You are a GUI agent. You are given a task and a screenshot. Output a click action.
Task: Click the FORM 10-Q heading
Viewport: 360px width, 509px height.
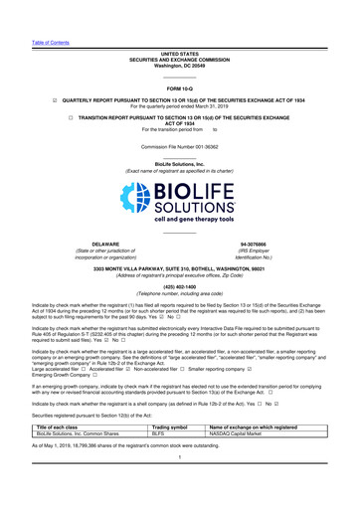[x=179, y=87]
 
